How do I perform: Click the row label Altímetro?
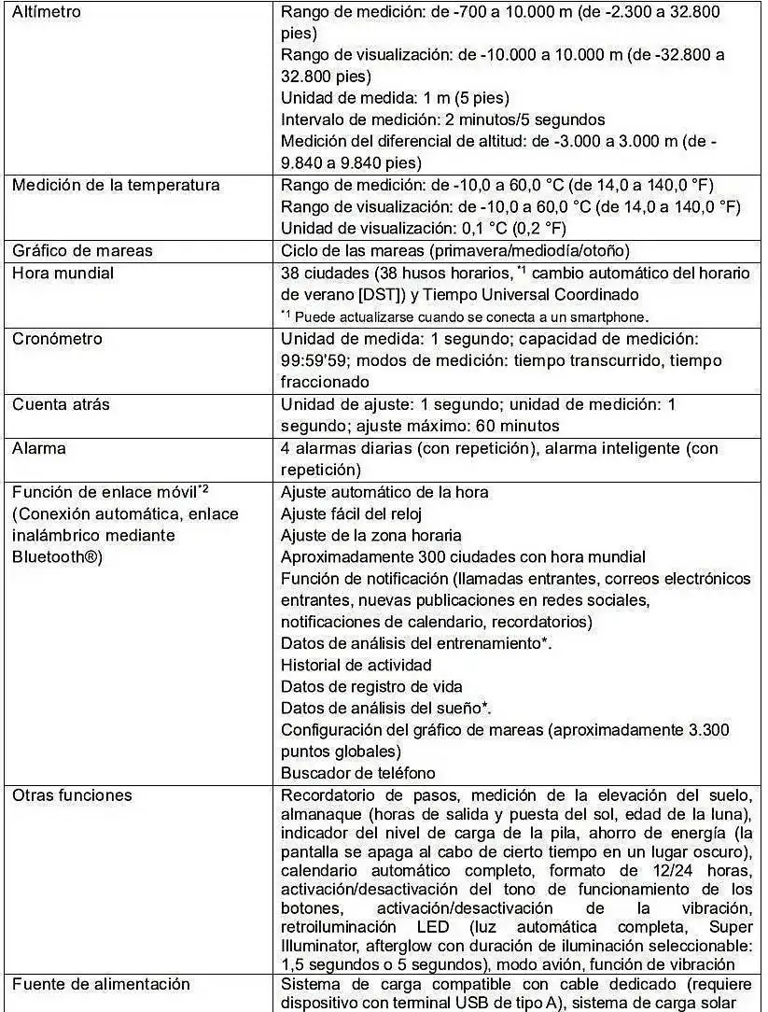pyautogui.click(x=46, y=12)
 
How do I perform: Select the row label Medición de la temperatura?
pyautogui.click(x=116, y=185)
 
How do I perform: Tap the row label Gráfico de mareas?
pyautogui.click(x=82, y=250)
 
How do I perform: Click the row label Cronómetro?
pyautogui.click(x=57, y=338)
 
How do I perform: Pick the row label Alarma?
pyautogui.click(x=39, y=448)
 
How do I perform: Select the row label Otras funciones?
pyautogui.click(x=72, y=795)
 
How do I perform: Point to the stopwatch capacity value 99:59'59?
pyautogui.click(x=316, y=360)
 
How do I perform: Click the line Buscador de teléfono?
pyautogui.click(x=358, y=773)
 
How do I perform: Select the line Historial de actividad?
pyautogui.click(x=356, y=665)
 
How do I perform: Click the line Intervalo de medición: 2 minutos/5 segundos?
pyautogui.click(x=442, y=119)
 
